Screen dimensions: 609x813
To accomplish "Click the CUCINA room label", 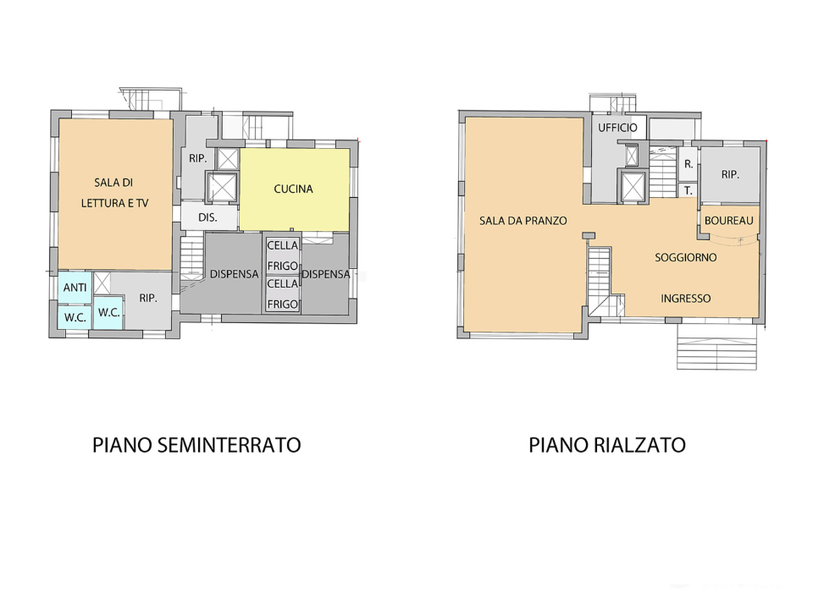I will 293,189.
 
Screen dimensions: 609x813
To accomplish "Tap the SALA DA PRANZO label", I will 523,220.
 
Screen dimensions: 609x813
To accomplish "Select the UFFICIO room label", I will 617,128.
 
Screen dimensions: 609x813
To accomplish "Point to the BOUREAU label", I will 728,220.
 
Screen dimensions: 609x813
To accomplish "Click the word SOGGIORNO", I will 686,257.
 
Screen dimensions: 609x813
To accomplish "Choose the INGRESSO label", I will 685,299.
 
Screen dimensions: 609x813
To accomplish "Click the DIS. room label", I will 207,218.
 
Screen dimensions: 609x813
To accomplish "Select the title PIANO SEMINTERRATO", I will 196,445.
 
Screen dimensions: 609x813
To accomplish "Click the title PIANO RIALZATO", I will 607,445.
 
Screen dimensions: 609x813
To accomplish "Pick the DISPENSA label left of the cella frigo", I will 235,274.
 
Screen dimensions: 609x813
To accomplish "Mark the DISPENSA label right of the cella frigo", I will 326,274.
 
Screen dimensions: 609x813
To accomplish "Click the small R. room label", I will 689,164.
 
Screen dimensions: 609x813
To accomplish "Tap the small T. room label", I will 689,191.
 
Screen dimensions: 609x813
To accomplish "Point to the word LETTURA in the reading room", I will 103,203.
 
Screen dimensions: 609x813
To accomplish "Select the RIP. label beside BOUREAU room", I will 730,175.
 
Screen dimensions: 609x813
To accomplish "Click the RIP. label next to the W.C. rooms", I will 148,298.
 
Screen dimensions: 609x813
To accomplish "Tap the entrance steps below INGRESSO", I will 716,348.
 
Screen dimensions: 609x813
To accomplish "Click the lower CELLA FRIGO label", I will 282,294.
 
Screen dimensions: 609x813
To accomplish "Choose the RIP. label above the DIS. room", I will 198,157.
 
